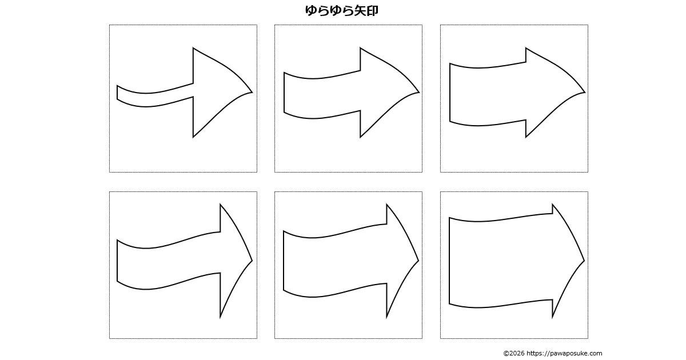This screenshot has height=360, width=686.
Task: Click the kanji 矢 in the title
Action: pyautogui.click(x=360, y=10)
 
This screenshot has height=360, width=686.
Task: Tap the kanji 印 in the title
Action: pyautogui.click(x=372, y=10)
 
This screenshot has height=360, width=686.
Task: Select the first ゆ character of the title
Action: pyautogui.click(x=311, y=10)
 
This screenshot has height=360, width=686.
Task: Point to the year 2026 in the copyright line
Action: pyautogui.click(x=517, y=353)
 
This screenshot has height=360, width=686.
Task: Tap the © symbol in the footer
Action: pyautogui.click(x=506, y=353)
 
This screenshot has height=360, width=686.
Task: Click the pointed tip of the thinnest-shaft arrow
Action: pyautogui.click(x=252, y=92)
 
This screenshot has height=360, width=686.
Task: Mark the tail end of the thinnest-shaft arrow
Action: pyautogui.click(x=117, y=93)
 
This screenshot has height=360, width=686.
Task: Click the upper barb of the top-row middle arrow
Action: pyautogui.click(x=360, y=48)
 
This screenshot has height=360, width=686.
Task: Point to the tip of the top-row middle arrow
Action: pyautogui.click(x=419, y=92)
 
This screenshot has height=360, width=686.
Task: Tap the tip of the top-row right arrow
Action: pyautogui.click(x=585, y=92)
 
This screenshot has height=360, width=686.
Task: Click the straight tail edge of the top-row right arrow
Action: pyautogui.click(x=450, y=93)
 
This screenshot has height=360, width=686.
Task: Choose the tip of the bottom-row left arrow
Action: pyautogui.click(x=252, y=261)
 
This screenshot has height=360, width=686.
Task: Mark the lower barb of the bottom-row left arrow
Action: pyautogui.click(x=220, y=318)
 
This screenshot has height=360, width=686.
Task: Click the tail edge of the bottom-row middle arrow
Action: pyautogui.click(x=284, y=261)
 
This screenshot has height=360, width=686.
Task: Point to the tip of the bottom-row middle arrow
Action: pyautogui.click(x=418, y=261)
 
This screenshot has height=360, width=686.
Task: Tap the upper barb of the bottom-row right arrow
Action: pyautogui.click(x=552, y=204)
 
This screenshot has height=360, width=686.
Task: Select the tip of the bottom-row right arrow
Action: pyautogui.click(x=584, y=261)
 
